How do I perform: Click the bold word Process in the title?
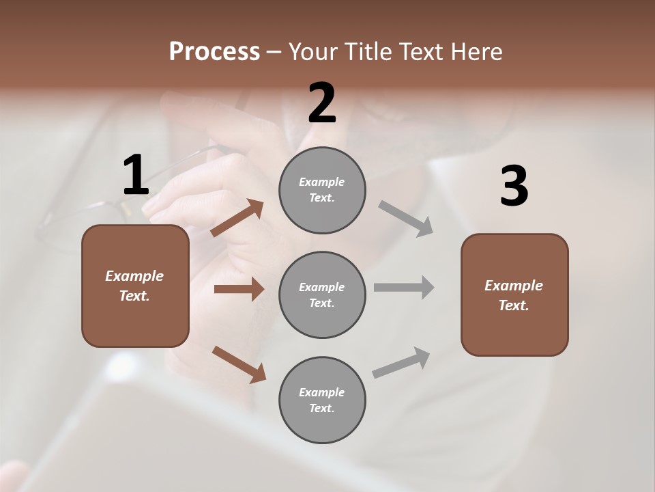click(214, 51)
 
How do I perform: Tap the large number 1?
click(136, 176)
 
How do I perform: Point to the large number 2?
click(322, 103)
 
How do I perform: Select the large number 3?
click(514, 187)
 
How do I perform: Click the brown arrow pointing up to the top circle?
click(237, 218)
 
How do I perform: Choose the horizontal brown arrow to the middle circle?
click(239, 289)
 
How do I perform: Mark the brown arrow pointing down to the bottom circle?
click(239, 364)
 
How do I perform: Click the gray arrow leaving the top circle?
click(406, 219)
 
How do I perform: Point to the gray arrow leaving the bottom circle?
click(401, 363)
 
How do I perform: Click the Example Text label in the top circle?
click(322, 190)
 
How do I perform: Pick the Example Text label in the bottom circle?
click(322, 400)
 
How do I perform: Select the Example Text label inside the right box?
click(514, 295)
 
